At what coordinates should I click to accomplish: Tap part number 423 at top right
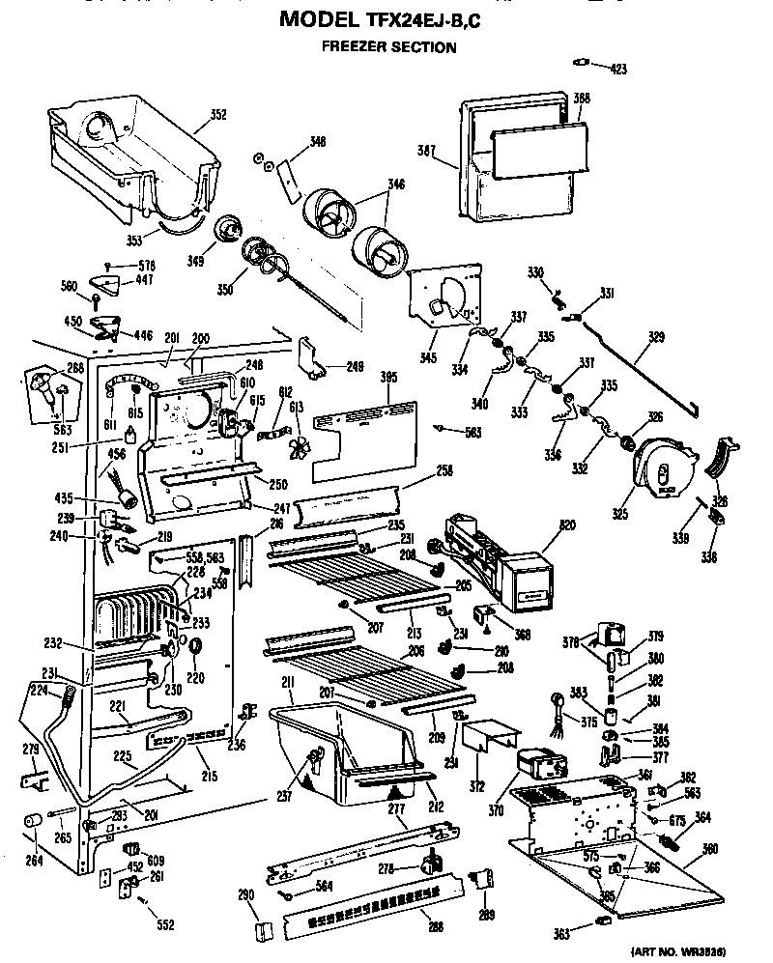coord(618,69)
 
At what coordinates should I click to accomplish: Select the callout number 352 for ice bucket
coord(218,115)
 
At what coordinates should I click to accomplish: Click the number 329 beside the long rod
coord(657,337)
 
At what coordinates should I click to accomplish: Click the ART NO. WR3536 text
coord(692,950)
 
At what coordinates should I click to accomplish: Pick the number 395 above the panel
coord(388,377)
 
